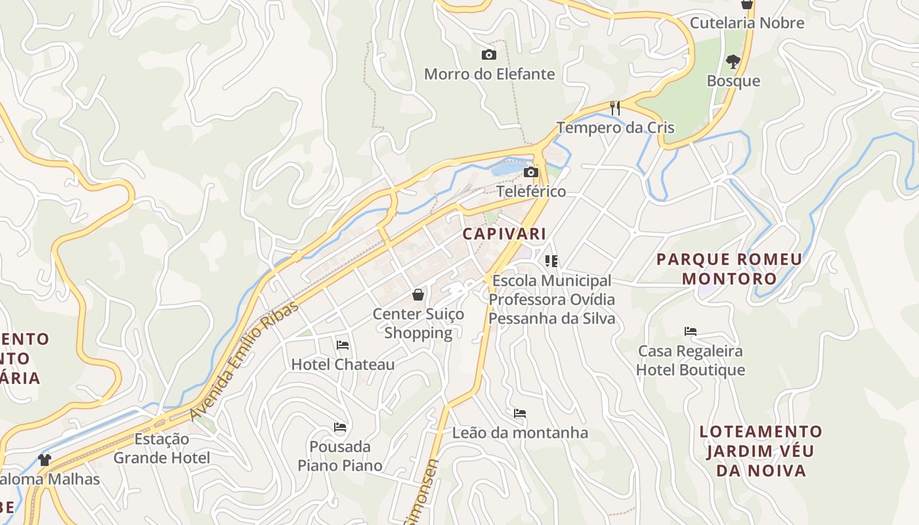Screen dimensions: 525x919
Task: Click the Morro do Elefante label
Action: click(489, 74)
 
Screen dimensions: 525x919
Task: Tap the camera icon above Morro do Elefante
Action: click(489, 55)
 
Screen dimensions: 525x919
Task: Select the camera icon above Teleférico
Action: click(531, 173)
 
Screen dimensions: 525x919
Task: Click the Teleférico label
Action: click(531, 192)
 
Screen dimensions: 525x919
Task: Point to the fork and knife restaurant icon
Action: click(615, 108)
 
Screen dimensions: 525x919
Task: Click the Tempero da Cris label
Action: click(615, 127)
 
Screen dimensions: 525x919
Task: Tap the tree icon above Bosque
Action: click(733, 62)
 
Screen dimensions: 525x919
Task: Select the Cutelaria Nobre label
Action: click(746, 23)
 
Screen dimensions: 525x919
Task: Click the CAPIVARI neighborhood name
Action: click(504, 234)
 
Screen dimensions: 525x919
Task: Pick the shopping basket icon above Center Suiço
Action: click(418, 295)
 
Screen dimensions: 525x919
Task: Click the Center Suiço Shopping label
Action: click(418, 324)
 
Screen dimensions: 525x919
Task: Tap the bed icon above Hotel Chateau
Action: click(343, 345)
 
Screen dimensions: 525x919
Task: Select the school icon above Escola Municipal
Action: click(551, 261)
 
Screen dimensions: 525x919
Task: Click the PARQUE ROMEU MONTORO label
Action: click(729, 269)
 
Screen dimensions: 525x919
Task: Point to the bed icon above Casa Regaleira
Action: click(690, 331)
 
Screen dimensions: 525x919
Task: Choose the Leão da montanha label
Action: click(520, 433)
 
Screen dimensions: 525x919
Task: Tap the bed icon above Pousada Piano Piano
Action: click(340, 427)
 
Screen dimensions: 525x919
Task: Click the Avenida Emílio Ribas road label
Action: click(244, 361)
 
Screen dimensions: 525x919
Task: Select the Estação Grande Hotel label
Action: click(161, 448)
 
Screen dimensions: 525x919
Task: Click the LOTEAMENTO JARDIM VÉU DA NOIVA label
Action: click(761, 451)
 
